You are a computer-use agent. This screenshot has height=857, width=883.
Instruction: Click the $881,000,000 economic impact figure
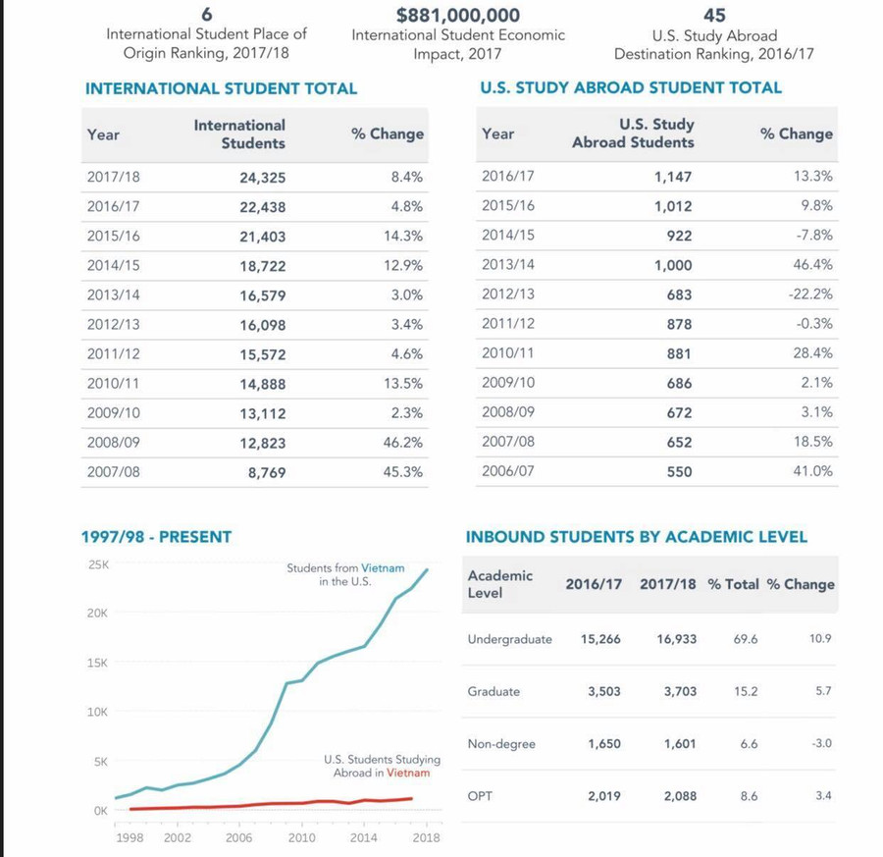[458, 15]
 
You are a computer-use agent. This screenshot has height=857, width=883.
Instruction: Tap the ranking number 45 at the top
[714, 15]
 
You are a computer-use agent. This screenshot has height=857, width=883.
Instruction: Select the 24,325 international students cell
[262, 179]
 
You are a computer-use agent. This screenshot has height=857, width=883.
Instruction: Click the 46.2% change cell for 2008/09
[403, 443]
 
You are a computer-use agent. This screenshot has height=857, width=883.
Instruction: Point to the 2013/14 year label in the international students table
[113, 295]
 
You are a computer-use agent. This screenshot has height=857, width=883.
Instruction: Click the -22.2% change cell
[809, 295]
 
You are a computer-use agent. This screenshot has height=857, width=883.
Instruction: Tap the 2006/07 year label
[508, 471]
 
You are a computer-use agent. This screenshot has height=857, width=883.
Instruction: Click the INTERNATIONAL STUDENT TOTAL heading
[222, 88]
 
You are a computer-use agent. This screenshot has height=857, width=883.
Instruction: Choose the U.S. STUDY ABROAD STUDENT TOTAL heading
[631, 87]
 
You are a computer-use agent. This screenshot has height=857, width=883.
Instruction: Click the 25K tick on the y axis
[98, 565]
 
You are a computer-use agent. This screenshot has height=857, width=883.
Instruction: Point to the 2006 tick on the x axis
[239, 837]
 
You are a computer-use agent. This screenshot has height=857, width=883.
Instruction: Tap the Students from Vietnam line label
[344, 575]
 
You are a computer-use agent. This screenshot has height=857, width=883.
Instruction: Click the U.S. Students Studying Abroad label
[382, 766]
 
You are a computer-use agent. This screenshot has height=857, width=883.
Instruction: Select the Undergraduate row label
[509, 639]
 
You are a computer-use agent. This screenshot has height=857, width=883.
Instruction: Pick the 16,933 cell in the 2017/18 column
[677, 639]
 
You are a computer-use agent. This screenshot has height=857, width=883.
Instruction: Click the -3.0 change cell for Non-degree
[821, 743]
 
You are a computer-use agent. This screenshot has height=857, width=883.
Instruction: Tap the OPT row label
[480, 796]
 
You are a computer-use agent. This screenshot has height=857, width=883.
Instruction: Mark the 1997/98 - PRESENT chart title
[156, 537]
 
